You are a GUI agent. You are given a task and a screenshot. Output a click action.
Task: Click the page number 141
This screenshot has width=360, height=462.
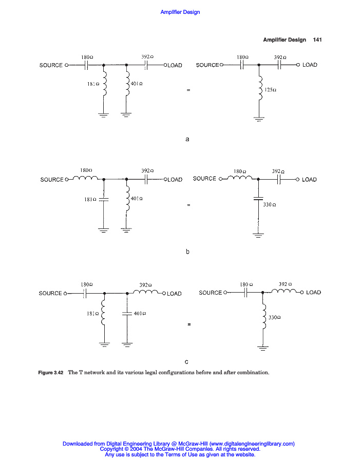point(317,40)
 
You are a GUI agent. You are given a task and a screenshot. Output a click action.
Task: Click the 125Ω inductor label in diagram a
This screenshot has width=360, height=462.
point(270,90)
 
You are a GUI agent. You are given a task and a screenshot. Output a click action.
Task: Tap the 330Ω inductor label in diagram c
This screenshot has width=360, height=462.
point(274,318)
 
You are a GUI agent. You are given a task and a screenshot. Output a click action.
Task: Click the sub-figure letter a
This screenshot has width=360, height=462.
point(187,139)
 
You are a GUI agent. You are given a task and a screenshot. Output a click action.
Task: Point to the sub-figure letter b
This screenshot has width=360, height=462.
point(187,252)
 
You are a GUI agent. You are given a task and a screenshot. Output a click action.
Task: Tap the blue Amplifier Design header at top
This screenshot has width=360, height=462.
point(180,12)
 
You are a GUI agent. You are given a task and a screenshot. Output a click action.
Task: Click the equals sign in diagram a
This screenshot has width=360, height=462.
point(188,90)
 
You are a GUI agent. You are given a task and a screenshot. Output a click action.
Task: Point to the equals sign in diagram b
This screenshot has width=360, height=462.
point(188,205)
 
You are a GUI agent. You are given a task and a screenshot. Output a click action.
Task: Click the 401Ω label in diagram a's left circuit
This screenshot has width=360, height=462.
point(137,83)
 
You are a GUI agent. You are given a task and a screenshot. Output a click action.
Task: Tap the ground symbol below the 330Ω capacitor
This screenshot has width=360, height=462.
point(258,236)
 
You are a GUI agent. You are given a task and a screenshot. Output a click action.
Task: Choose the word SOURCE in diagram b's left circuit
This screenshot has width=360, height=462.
point(52,180)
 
